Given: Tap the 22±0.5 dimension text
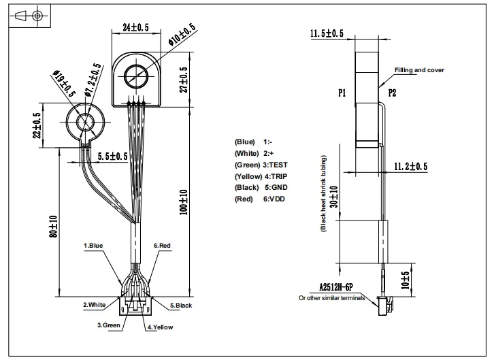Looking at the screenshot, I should (38, 126).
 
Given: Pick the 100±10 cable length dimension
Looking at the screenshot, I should (184, 201).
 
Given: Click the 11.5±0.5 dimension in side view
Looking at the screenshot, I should (327, 33).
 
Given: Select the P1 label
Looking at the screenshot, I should (342, 93).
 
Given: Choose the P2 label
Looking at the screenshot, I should (393, 93).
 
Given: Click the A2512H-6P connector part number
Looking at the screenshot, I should (332, 289).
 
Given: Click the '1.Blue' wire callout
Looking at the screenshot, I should (94, 245).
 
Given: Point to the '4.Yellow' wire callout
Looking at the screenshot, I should (161, 327).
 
